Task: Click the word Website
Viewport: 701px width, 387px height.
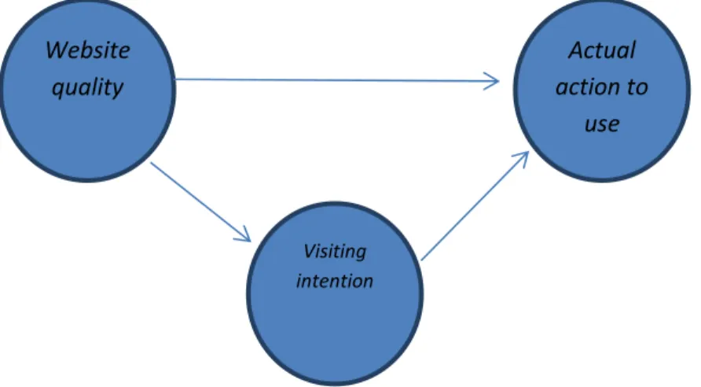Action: tap(88, 50)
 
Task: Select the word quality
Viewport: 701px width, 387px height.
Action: tap(87, 87)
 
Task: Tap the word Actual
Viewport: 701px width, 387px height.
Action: tap(602, 50)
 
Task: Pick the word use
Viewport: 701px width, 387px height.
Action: tap(602, 125)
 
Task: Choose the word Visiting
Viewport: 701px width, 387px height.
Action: tap(335, 252)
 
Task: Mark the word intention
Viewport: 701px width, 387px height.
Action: tap(335, 282)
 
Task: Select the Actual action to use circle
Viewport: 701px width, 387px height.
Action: tap(602, 152)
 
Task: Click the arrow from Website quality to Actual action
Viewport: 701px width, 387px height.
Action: tap(337, 80)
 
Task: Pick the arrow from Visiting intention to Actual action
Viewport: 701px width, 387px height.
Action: tap(475, 206)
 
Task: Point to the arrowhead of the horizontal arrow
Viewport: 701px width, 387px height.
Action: tap(494, 82)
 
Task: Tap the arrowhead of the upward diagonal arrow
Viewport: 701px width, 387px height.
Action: tap(523, 157)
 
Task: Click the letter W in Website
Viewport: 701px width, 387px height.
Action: tap(56, 50)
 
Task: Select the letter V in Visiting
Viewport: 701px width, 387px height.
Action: tap(310, 251)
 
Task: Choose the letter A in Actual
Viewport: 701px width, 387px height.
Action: tap(576, 50)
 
